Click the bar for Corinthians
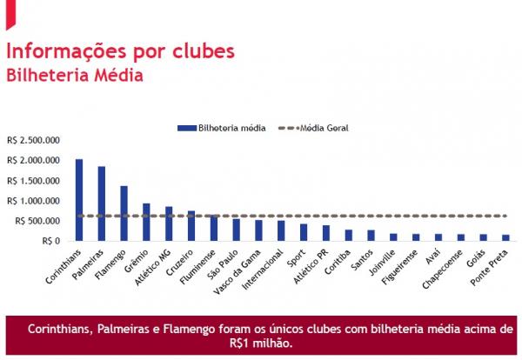(x=79, y=199)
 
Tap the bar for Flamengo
(x=124, y=213)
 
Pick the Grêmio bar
(x=146, y=222)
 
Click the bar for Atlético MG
(x=169, y=223)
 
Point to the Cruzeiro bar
(x=191, y=225)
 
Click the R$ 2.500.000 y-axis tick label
(x=33, y=140)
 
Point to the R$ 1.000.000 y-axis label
(x=33, y=201)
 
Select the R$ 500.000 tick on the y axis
(x=37, y=221)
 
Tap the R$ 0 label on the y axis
(x=50, y=241)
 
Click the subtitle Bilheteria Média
(x=75, y=76)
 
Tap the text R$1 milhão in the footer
(x=260, y=343)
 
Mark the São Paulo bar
(x=236, y=230)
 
